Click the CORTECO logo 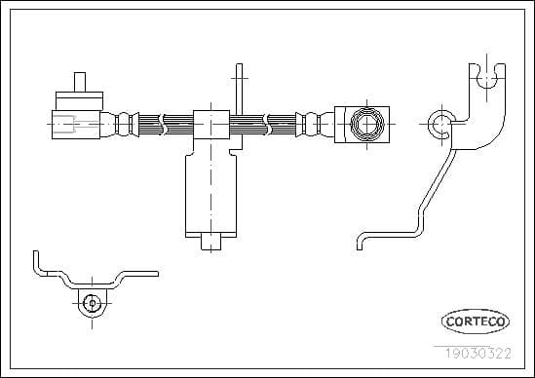click(x=476, y=321)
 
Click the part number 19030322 click(x=478, y=354)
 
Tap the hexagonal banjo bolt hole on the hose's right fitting click(x=367, y=124)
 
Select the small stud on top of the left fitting click(x=80, y=82)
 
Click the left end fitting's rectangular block click(x=76, y=125)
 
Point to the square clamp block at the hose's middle click(x=211, y=125)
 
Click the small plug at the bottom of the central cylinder click(x=210, y=242)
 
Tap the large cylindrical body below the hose click(x=210, y=195)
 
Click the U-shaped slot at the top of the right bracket click(x=487, y=79)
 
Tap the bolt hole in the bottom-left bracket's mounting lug click(x=93, y=303)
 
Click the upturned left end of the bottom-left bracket click(x=36, y=263)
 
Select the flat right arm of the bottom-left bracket click(x=140, y=274)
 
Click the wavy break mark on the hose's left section click(x=163, y=125)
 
